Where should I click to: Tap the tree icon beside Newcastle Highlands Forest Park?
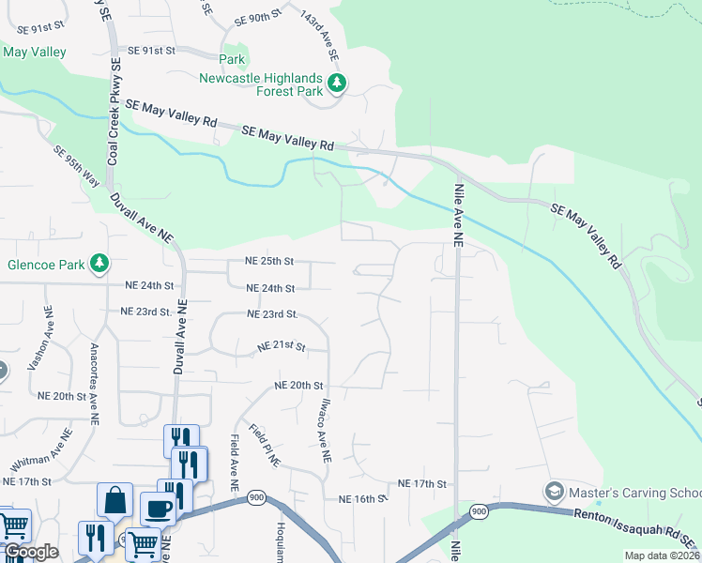(337, 84)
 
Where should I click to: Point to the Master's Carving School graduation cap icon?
(554, 492)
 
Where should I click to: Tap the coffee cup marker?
(158, 509)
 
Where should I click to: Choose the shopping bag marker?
(114, 501)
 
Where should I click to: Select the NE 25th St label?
(270, 261)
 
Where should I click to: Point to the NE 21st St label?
(282, 347)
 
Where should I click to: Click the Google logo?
(31, 553)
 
